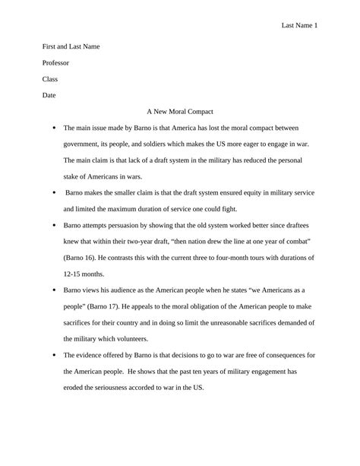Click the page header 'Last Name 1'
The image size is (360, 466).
pos(299,26)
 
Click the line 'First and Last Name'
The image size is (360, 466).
pos(71,46)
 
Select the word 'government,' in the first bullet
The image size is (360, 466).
pos(84,144)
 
